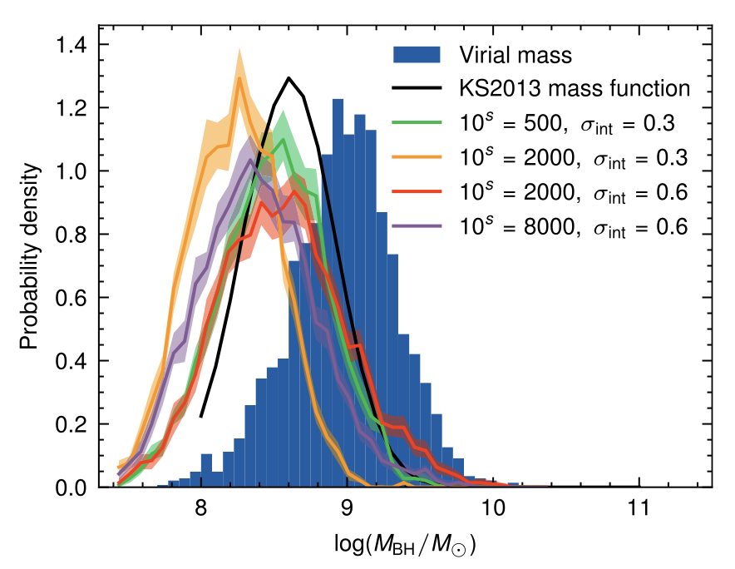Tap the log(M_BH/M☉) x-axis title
(407, 545)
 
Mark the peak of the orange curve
(239, 78)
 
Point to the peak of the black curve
(289, 78)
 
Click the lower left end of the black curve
(201, 416)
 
